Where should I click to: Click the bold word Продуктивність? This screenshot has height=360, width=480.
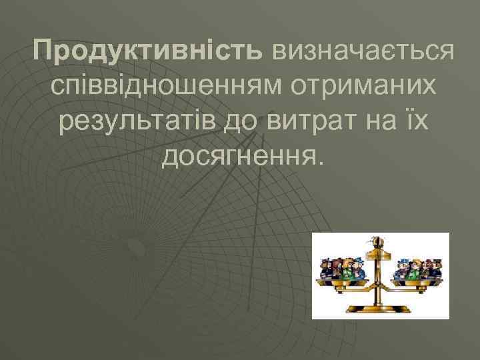coord(149,51)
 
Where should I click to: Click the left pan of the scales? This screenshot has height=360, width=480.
coord(343,283)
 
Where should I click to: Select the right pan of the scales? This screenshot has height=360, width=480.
coord(416,283)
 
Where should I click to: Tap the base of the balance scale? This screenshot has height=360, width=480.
coord(379,308)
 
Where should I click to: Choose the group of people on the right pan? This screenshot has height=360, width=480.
coord(416,267)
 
